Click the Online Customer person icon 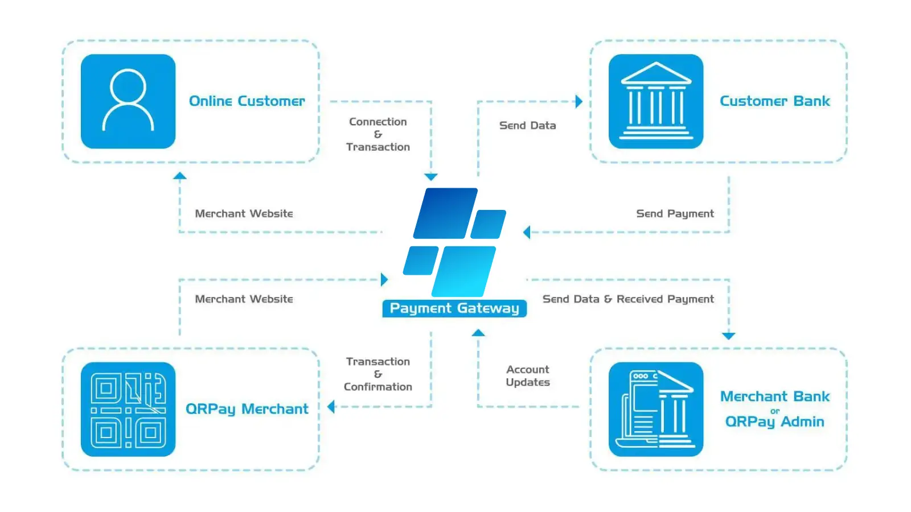coord(128,101)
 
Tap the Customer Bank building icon coord(656,101)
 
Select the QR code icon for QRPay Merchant coord(128,409)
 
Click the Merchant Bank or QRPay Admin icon coord(656,409)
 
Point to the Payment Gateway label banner coord(454,308)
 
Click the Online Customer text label coord(247,101)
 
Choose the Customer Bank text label coord(775,101)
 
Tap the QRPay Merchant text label coord(247,409)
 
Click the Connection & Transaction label coord(378,134)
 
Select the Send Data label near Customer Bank coord(528,126)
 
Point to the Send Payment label coord(675,214)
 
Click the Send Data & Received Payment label coord(628,299)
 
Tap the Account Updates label coord(528,376)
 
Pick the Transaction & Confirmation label coord(378,374)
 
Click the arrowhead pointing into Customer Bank coord(579,102)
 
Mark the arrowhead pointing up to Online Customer coord(180,176)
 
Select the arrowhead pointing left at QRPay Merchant coord(331,407)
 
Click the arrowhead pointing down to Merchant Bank coord(729,336)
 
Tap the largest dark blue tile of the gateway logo coord(445,213)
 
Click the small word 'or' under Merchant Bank coord(775,411)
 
